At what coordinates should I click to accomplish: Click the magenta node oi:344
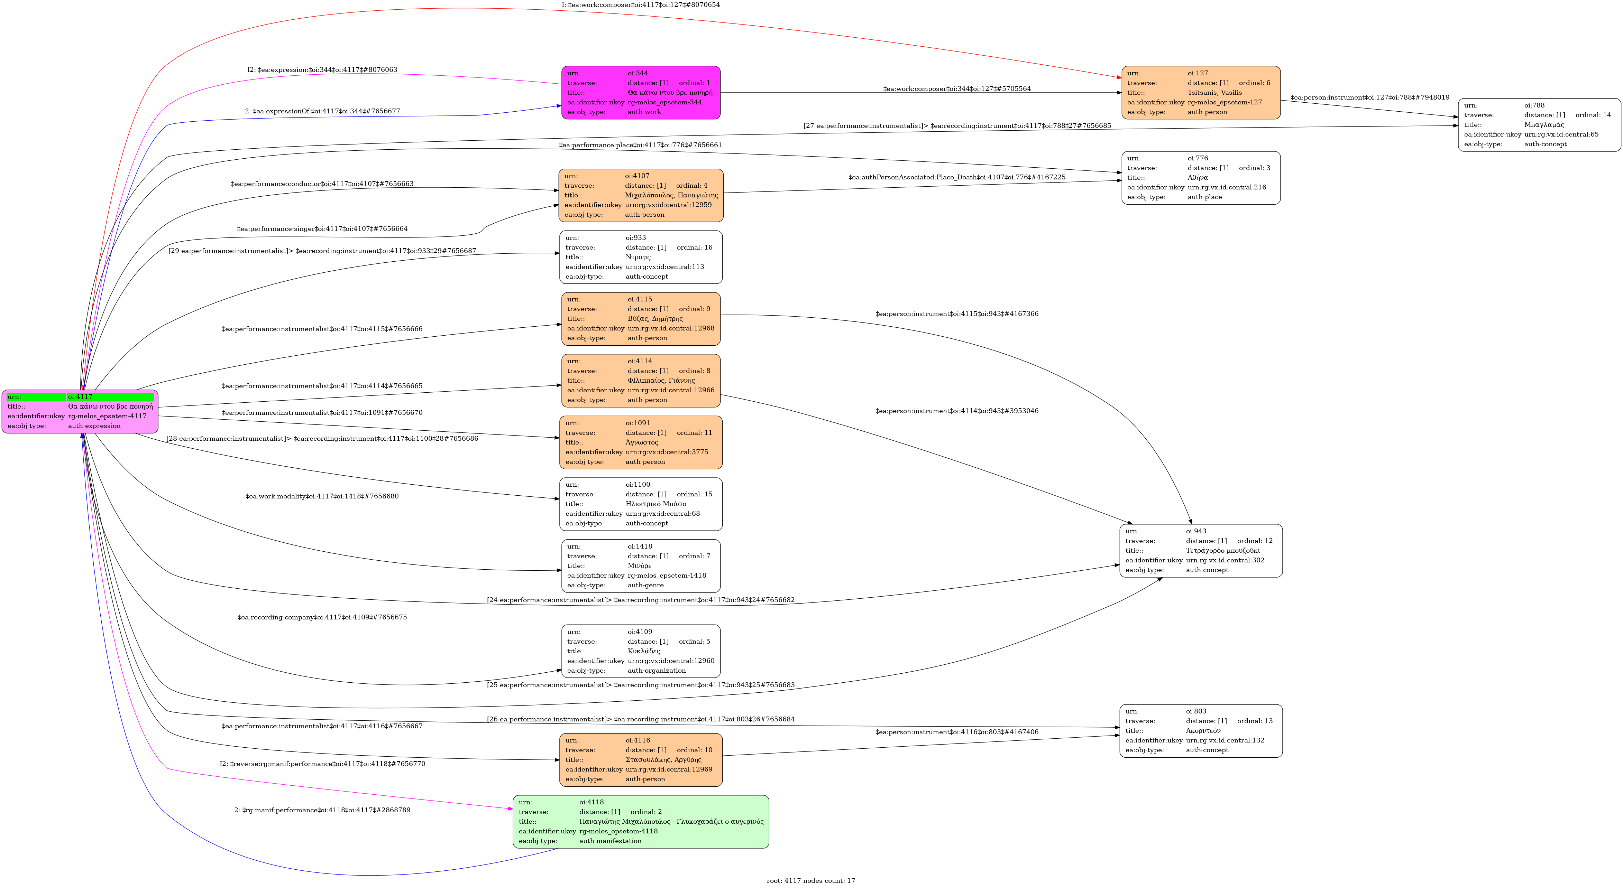640,93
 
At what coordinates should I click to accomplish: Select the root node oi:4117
80,411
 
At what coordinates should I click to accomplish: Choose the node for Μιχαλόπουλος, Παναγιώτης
640,195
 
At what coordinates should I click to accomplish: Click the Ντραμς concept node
640,257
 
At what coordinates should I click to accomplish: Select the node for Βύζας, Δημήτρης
640,319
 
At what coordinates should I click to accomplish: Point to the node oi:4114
640,380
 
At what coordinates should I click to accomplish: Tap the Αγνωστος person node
640,442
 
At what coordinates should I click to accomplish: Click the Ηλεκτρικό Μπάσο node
640,504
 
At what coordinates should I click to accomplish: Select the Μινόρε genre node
640,565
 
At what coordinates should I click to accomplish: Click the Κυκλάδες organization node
640,651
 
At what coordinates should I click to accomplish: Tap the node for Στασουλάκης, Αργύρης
640,759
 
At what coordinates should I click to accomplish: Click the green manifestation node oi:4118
640,821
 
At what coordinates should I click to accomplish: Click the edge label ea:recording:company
322,617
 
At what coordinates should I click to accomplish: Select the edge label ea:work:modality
322,496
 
